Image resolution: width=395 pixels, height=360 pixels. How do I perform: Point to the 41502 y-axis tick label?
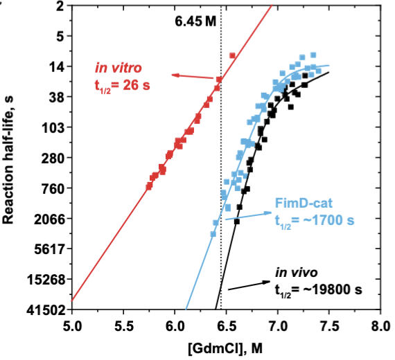(48, 310)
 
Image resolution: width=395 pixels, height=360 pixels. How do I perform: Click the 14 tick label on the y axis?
(57, 66)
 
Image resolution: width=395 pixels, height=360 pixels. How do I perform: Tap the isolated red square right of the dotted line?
(232, 55)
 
